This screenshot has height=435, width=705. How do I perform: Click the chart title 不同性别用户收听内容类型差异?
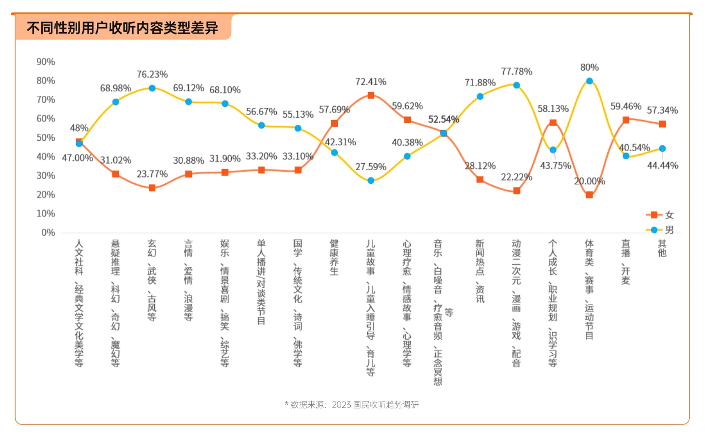122,28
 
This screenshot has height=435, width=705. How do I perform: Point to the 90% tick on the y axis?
45,62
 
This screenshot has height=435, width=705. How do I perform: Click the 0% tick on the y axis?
48,233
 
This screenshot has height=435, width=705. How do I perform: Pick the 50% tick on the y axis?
45,138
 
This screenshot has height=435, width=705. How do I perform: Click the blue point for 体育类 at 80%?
589,81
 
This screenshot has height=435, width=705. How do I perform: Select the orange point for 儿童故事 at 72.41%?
371,95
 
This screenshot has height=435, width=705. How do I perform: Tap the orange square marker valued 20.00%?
589,195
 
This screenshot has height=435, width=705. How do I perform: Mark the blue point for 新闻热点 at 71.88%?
480,96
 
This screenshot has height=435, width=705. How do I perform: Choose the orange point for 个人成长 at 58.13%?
553,122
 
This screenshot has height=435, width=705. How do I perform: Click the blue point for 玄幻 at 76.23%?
152,88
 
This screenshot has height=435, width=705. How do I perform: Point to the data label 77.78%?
516,72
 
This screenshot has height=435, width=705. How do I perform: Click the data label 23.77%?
152,174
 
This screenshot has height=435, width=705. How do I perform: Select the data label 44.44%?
662,165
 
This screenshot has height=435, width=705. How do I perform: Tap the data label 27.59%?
371,167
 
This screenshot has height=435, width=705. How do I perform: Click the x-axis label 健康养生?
334,257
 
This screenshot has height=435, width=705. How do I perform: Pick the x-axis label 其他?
662,248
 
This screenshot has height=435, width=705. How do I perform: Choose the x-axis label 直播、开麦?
626,262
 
